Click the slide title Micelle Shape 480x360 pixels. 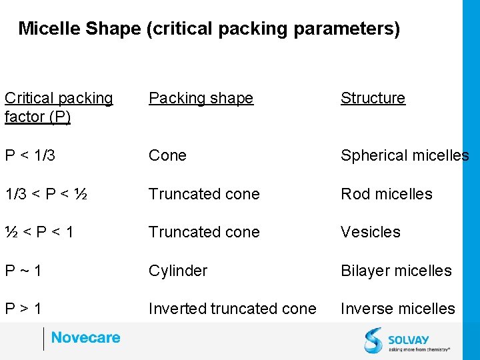tap(209, 29)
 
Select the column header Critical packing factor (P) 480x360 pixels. tap(59, 107)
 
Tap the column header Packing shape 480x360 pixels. tap(201, 98)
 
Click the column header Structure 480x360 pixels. tap(373, 98)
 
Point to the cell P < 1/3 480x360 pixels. tap(30, 155)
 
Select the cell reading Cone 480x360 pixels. tap(167, 155)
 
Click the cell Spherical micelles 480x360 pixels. tap(404, 155)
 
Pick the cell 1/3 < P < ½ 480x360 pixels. tap(46, 194)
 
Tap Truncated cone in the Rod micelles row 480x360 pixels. tap(204, 194)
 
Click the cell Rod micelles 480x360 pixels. tap(386, 194)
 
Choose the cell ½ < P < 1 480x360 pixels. tap(39, 232)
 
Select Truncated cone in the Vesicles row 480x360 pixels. tap(204, 232)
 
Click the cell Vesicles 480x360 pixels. tap(370, 232)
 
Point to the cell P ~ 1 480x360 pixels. tap(23, 271)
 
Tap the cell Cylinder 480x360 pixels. tap(178, 271)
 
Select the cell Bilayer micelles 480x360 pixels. tap(396, 271)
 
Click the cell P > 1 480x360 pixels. tap(23, 309)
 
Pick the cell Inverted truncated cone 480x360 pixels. tap(232, 309)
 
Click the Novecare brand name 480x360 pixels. tap(85, 338)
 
